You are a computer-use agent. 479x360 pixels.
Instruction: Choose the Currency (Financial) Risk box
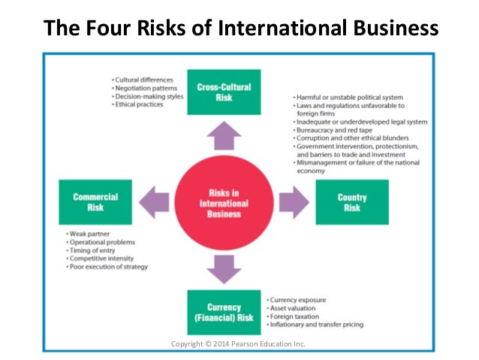(x=224, y=311)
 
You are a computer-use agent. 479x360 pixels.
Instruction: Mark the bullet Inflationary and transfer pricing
(x=315, y=325)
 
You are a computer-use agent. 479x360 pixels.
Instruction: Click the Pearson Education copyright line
(x=239, y=344)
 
